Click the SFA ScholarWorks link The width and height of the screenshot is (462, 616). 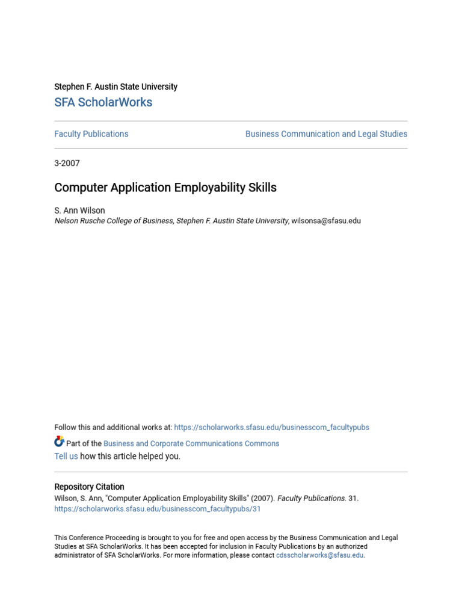(x=103, y=102)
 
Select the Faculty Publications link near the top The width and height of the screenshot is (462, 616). (x=91, y=134)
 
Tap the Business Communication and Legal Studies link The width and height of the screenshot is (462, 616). (x=326, y=134)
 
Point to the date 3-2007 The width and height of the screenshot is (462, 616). (x=67, y=163)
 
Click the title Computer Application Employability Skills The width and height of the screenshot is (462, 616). (x=165, y=188)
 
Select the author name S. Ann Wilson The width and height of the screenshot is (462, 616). (x=79, y=211)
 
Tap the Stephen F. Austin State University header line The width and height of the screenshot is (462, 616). (x=115, y=87)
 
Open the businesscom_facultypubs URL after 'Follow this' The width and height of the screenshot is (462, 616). (x=271, y=428)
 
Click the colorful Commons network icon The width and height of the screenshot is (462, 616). (x=59, y=442)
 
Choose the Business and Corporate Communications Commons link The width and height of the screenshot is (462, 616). (x=191, y=444)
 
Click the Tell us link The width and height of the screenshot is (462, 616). (x=66, y=457)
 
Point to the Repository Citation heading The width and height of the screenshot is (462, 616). (x=89, y=487)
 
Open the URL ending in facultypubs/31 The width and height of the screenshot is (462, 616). (x=158, y=509)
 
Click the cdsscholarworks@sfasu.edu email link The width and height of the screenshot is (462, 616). (x=319, y=555)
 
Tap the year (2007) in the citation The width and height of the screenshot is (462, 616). (x=262, y=499)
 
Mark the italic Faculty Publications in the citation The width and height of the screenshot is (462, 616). (x=311, y=499)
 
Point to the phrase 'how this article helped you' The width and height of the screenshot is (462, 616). (x=130, y=457)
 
